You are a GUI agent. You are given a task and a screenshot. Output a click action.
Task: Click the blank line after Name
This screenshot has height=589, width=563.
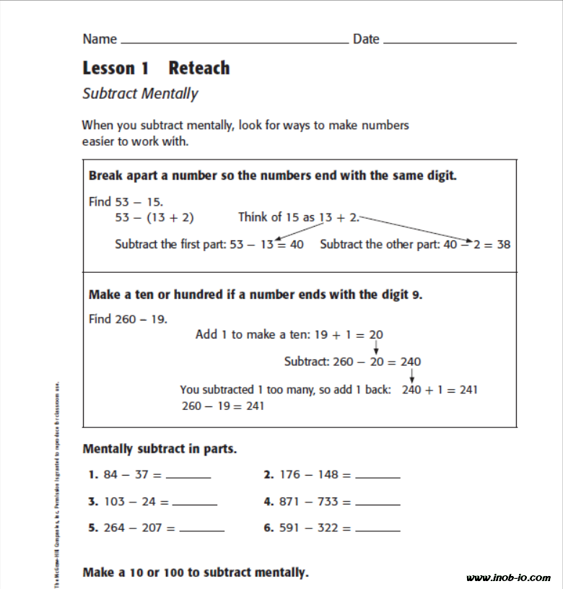point(235,42)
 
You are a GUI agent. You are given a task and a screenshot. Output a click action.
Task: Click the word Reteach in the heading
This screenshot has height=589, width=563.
point(199,69)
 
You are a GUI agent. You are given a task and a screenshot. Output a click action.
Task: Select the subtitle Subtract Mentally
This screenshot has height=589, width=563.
point(140,94)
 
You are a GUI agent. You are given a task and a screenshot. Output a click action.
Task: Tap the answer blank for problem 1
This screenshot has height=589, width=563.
point(188,477)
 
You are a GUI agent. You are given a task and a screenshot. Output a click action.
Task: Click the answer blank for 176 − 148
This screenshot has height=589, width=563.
point(377,477)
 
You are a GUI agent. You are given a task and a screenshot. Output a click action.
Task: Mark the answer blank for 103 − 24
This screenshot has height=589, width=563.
point(194,504)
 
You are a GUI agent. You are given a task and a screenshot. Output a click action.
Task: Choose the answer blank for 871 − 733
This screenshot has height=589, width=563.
point(377,504)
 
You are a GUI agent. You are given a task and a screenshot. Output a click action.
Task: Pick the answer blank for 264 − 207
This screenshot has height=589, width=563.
point(201,531)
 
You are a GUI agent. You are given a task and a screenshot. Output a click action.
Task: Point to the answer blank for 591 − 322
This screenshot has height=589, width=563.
point(377,531)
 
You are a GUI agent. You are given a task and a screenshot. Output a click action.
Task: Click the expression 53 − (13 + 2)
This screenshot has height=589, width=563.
point(154,217)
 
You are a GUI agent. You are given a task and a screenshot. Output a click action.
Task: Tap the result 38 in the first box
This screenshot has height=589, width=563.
point(503,245)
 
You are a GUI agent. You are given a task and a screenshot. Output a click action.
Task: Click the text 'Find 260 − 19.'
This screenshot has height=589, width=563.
point(128,319)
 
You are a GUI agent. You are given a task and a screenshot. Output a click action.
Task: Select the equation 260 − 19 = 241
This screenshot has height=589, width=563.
point(223,406)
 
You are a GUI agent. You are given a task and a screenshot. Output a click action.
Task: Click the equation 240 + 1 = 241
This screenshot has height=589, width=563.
point(440,390)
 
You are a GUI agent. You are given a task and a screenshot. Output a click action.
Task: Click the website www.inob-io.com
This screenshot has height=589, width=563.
point(508,578)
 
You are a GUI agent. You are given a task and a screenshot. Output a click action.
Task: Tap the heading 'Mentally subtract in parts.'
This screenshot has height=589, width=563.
point(160,449)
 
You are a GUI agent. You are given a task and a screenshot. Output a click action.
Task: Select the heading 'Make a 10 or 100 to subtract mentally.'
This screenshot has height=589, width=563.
point(196,573)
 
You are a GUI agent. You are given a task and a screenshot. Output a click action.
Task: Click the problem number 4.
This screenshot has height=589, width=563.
point(269,502)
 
